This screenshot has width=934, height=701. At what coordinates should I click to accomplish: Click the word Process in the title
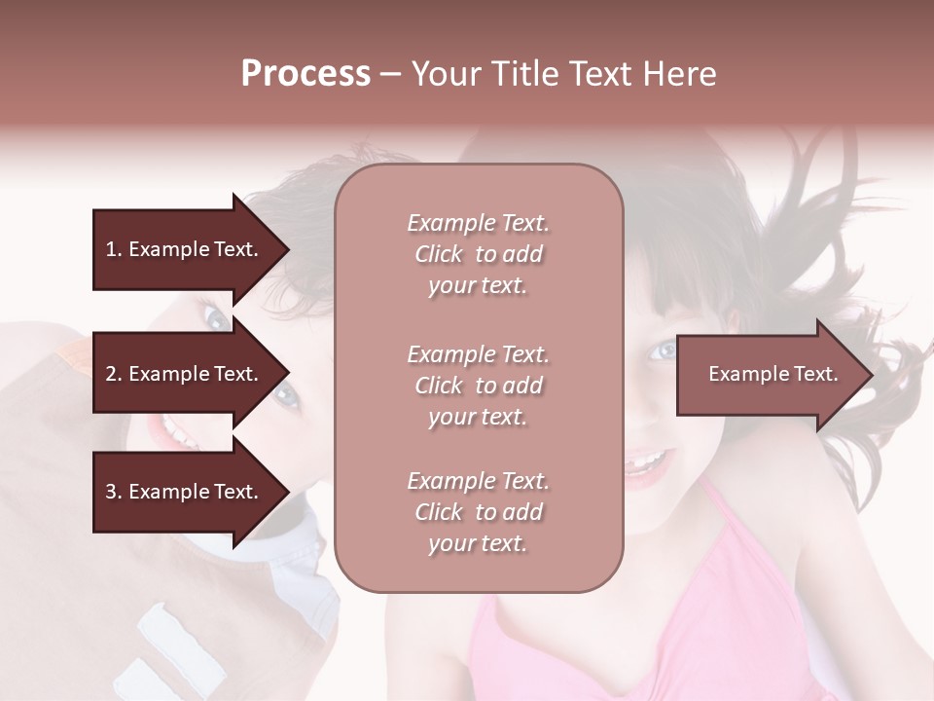pos(305,74)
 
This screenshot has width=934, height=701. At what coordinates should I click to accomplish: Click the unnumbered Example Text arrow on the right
pos(772,374)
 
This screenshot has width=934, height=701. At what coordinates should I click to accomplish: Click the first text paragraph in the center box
pos(478,254)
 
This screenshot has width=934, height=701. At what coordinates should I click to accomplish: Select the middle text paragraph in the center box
pos(478,385)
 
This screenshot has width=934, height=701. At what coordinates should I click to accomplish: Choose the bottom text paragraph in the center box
pos(478,512)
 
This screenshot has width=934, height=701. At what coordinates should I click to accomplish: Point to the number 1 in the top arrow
pos(111,249)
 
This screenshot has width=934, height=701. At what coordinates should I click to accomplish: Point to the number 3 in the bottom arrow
pos(111,492)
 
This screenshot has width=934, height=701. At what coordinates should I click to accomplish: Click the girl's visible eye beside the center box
pos(665,349)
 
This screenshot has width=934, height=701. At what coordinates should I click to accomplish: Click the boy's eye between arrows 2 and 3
pos(284,394)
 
